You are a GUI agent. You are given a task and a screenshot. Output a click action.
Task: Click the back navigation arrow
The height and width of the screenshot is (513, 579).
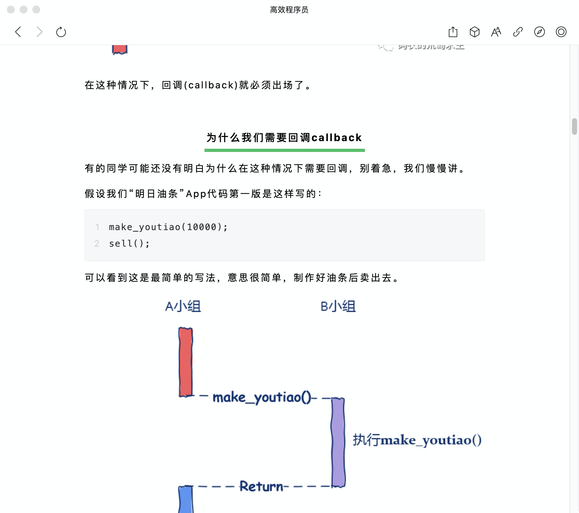pyautogui.click(x=18, y=32)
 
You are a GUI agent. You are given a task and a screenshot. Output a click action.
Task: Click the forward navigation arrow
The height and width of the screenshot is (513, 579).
pyautogui.click(x=39, y=32)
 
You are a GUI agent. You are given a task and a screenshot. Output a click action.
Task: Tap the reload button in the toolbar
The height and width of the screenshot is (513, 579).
pyautogui.click(x=61, y=32)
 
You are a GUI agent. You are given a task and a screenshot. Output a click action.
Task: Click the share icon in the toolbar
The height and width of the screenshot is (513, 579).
pyautogui.click(x=453, y=32)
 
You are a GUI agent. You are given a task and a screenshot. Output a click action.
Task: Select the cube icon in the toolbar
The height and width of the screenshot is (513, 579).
pyautogui.click(x=474, y=32)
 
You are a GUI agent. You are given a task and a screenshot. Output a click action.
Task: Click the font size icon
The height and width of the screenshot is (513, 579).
pyautogui.click(x=496, y=32)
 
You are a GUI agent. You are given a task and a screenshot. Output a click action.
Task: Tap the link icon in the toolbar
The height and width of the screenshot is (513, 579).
pyautogui.click(x=518, y=32)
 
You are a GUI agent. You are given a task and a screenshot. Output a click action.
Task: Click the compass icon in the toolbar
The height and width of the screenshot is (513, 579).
pyautogui.click(x=539, y=32)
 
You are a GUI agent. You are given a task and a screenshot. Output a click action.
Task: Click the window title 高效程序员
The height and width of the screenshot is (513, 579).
pyautogui.click(x=289, y=10)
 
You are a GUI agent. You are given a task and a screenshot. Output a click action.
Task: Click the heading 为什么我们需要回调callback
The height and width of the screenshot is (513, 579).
pyautogui.click(x=284, y=138)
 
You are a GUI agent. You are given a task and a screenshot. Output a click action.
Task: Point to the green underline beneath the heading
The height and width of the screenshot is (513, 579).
pyautogui.click(x=284, y=150)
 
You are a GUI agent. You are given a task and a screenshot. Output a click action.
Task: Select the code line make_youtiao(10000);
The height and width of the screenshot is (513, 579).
pyautogui.click(x=168, y=227)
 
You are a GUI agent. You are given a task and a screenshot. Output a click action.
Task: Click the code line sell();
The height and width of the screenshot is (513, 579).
pyautogui.click(x=129, y=243)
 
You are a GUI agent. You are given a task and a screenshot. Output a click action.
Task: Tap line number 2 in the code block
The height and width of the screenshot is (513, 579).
pyautogui.click(x=97, y=243)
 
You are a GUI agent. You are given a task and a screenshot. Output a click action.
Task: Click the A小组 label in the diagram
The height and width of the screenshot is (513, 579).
pyautogui.click(x=183, y=306)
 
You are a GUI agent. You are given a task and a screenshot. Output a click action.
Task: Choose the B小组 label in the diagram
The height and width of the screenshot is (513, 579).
pyautogui.click(x=338, y=306)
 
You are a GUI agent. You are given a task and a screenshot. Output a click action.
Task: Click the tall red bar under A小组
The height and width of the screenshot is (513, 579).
pyautogui.click(x=185, y=362)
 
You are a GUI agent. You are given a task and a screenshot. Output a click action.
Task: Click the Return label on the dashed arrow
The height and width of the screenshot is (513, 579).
pyautogui.click(x=261, y=486)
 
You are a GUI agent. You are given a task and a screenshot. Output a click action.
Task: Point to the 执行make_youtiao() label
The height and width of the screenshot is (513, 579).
pyautogui.click(x=417, y=440)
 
